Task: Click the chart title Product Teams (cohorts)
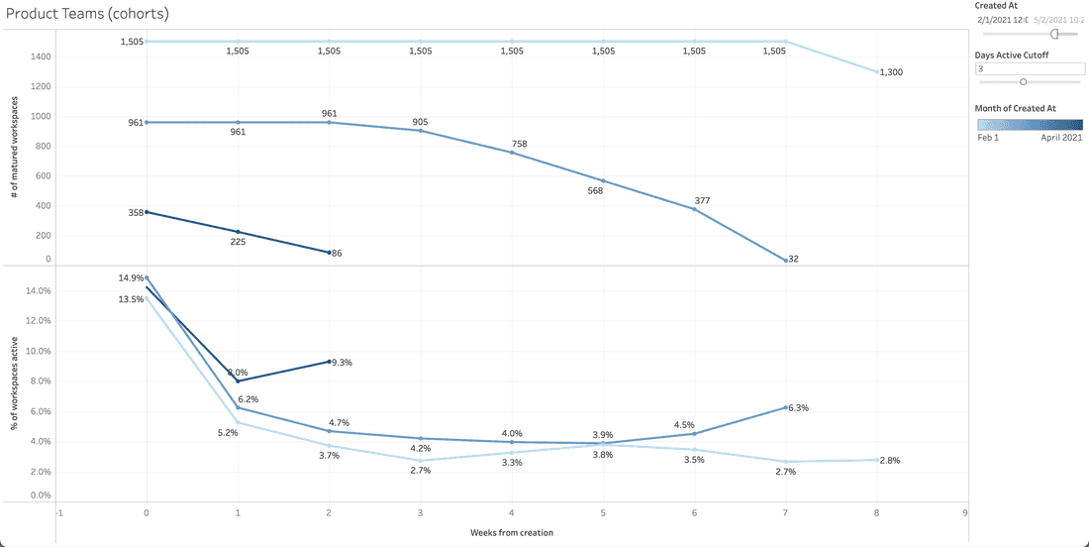tap(87, 15)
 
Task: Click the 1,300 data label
tap(891, 72)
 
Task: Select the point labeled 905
tap(421, 131)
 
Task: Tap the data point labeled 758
tap(512, 153)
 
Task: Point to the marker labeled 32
tap(785, 260)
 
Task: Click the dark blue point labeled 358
tap(147, 212)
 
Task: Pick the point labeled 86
tap(330, 253)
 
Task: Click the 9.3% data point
tap(330, 362)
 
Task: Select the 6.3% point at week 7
tap(785, 407)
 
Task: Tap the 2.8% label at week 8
tap(891, 461)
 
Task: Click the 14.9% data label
tap(131, 278)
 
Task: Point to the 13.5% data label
tap(131, 298)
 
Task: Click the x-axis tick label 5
tap(603, 513)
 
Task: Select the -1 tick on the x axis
tap(59, 513)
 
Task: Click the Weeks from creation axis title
tap(512, 532)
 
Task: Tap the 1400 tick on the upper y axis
tap(40, 56)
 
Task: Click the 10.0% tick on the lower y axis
tap(37, 351)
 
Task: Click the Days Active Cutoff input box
tap(1029, 69)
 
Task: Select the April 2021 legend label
tap(1060, 138)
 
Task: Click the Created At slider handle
tap(1054, 33)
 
